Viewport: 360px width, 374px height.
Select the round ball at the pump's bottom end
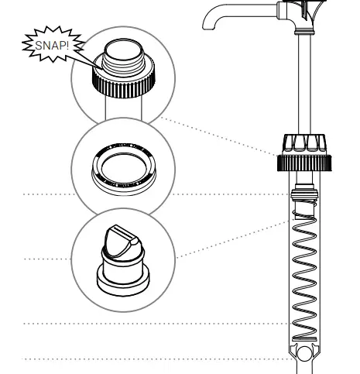point(307,357)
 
